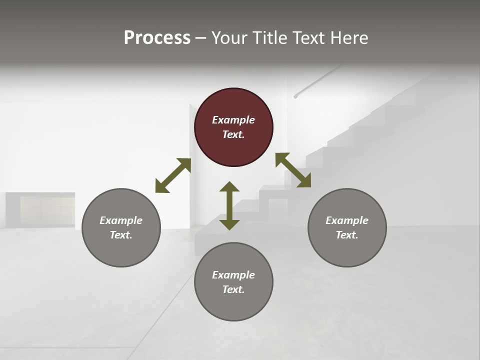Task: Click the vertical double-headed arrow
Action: (x=229, y=205)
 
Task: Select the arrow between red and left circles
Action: (x=173, y=175)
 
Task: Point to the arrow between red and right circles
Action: (x=293, y=170)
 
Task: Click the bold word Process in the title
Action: (x=157, y=37)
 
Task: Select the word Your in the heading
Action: (x=228, y=37)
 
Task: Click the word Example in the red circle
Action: (x=233, y=120)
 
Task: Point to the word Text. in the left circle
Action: (x=121, y=235)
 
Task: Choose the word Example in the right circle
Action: (x=347, y=220)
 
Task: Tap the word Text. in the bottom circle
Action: (x=233, y=289)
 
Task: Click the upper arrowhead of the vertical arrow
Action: (x=229, y=187)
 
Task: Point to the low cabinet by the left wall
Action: (x=40, y=209)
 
